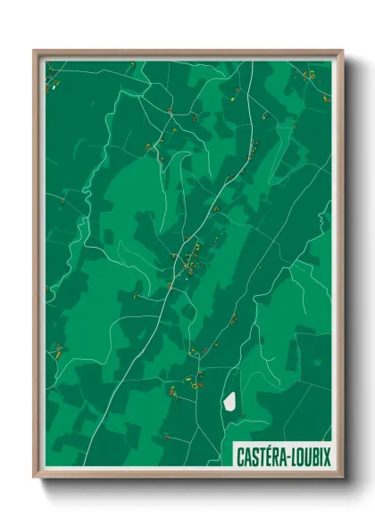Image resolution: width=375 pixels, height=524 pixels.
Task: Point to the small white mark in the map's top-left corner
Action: pos(54,86)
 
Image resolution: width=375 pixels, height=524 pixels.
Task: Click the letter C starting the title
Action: pos(241,456)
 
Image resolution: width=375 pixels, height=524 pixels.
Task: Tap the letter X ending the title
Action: pos(327,456)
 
